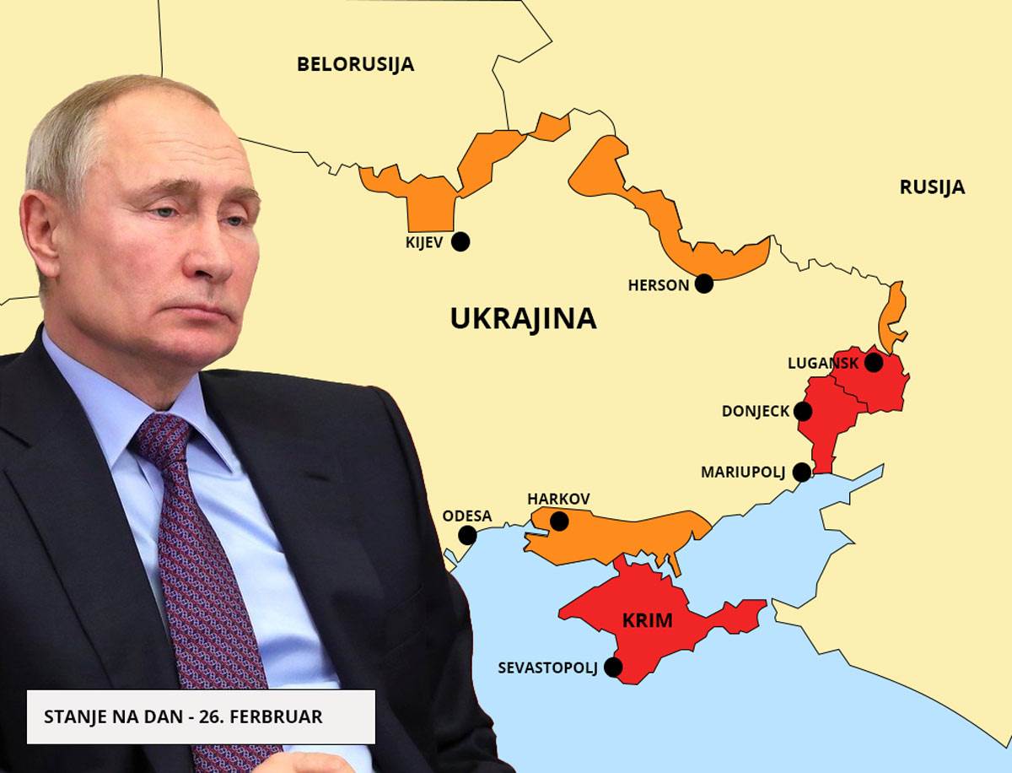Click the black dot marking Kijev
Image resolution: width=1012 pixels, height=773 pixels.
click(460, 242)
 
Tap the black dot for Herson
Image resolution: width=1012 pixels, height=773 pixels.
click(704, 284)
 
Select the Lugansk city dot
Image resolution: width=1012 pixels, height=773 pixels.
click(874, 363)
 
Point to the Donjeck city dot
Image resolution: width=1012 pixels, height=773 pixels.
click(803, 412)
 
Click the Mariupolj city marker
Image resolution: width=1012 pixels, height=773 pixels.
click(802, 472)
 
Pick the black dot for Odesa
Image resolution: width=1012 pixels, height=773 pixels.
click(467, 535)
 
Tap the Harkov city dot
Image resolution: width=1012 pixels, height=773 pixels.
click(559, 522)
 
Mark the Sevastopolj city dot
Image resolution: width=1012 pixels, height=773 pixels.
click(613, 668)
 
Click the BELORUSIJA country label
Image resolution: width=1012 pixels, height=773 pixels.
click(355, 64)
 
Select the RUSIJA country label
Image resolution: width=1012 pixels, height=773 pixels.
click(932, 187)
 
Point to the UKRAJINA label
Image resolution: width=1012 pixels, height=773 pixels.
click(523, 318)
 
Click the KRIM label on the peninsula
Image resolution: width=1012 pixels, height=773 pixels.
click(647, 621)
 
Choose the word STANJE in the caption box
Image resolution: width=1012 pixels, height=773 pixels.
click(72, 716)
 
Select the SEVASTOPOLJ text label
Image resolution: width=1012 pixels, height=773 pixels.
click(547, 668)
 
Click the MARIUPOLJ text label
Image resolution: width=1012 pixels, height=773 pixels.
click(743, 473)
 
